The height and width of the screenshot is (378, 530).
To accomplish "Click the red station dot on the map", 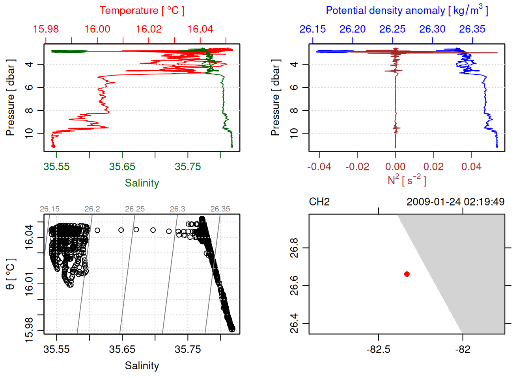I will pyautogui.click(x=407, y=274).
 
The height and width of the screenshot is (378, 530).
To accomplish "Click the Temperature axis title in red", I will pyautogui.click(x=142, y=11).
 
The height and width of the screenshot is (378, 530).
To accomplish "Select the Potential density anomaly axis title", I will pyautogui.click(x=407, y=10).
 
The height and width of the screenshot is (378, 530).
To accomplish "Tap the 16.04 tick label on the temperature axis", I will pyautogui.click(x=200, y=29).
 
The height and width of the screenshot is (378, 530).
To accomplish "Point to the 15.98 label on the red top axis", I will pyautogui.click(x=46, y=29).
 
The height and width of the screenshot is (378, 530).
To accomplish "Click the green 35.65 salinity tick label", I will pyautogui.click(x=122, y=167).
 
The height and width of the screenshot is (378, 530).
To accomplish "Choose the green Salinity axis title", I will pyautogui.click(x=142, y=183).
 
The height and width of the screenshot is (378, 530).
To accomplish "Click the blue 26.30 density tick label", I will pyautogui.click(x=432, y=29).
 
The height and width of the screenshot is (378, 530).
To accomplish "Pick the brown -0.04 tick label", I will pyautogui.click(x=319, y=167).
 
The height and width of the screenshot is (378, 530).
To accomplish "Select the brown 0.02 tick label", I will pyautogui.click(x=433, y=167).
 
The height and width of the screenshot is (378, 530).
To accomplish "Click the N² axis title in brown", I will pyautogui.click(x=407, y=180).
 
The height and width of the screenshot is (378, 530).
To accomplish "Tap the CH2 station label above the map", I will pyautogui.click(x=319, y=202).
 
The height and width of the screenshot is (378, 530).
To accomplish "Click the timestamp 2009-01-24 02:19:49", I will pyautogui.click(x=455, y=202).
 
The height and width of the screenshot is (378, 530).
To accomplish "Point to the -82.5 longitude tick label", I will pyautogui.click(x=378, y=349).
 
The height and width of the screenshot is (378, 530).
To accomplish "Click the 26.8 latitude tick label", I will pyautogui.click(x=294, y=248).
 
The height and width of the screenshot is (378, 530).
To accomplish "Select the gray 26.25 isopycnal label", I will pyautogui.click(x=135, y=209).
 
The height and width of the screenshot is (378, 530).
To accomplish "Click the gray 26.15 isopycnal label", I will pyautogui.click(x=50, y=209).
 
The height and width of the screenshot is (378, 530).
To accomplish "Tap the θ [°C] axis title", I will pyautogui.click(x=10, y=274).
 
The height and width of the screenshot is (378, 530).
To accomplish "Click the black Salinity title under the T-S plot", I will pyautogui.click(x=142, y=366).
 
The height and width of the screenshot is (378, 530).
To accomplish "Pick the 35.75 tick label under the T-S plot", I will pyautogui.click(x=188, y=349).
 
